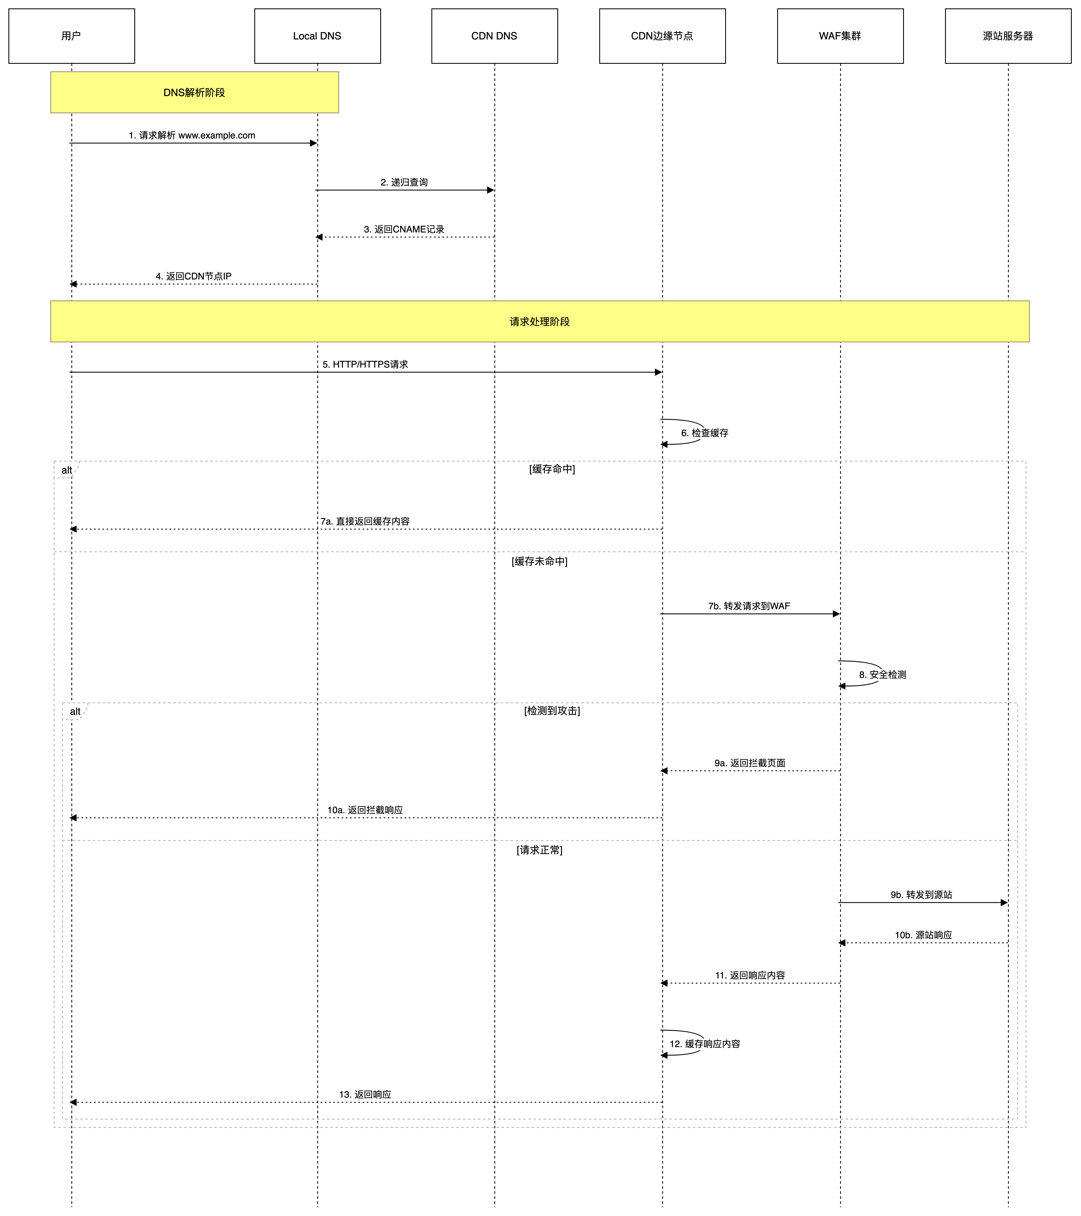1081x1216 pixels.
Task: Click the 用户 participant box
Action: [71, 36]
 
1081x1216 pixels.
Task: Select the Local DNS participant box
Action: [317, 36]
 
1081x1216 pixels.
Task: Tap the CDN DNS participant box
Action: [494, 36]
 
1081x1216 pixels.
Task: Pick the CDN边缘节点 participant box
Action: [662, 36]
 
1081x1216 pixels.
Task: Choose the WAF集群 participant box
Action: [840, 36]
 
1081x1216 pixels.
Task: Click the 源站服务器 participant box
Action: [1008, 36]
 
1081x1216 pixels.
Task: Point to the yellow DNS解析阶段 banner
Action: [195, 92]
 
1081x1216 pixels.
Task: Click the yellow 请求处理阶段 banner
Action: [540, 321]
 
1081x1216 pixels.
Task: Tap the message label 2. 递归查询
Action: [405, 183]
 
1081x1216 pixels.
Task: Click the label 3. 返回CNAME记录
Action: [405, 230]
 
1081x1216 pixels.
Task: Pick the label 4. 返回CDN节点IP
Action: [194, 276]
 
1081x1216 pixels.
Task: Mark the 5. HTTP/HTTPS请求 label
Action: [366, 364]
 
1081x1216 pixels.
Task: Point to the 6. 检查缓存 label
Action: [706, 433]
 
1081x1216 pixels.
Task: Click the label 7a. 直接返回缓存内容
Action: [366, 522]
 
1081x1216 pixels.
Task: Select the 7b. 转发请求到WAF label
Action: [750, 606]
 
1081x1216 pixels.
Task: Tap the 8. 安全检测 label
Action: [884, 675]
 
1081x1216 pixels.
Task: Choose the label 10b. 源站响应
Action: [924, 935]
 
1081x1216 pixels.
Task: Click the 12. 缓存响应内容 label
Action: [706, 1044]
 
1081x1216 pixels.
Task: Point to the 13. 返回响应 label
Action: [366, 1095]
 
